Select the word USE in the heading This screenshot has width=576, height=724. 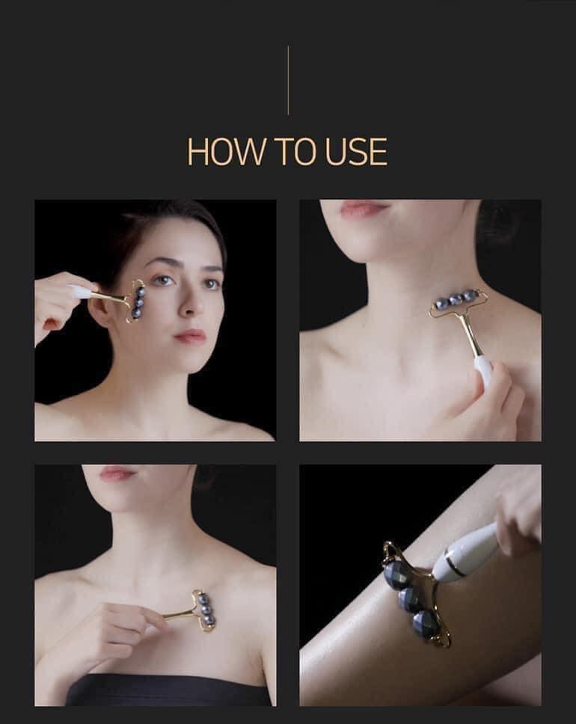point(355,151)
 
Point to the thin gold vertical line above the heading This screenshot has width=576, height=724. point(288,80)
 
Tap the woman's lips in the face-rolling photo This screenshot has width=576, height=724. point(190,336)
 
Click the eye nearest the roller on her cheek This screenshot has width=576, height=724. point(163,280)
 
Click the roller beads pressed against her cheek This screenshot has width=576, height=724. point(138,300)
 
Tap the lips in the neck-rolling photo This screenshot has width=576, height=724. point(364,209)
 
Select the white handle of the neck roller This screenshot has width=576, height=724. point(483,370)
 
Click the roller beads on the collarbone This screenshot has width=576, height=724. point(205,609)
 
